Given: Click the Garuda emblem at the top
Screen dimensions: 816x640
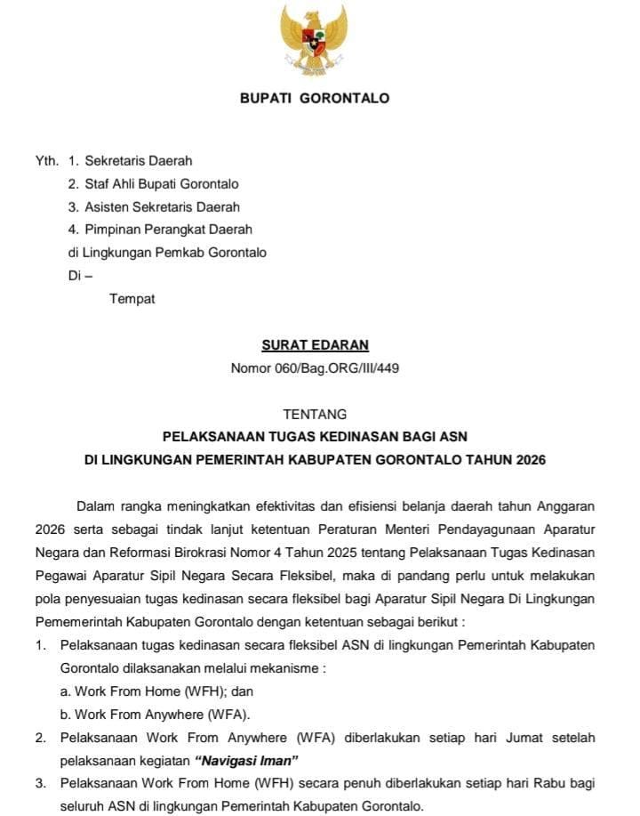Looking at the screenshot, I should [x=314, y=40].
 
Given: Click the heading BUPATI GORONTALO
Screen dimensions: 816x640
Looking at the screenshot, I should [x=315, y=98].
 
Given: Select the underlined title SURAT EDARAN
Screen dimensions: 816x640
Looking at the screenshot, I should [x=315, y=345].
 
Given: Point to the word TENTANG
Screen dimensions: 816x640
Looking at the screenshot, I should [x=315, y=414].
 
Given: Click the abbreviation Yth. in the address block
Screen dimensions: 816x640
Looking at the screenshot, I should [x=46, y=161].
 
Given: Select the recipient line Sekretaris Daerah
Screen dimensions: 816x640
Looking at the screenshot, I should [x=138, y=161].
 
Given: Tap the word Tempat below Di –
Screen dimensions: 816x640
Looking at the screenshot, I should [x=132, y=298].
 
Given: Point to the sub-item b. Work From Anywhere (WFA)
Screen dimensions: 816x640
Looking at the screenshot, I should [x=156, y=715].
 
